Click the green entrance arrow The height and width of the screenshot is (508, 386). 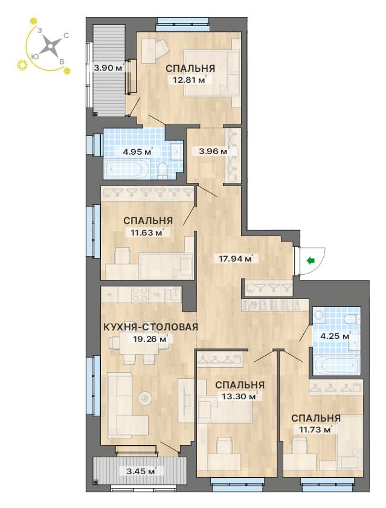311,260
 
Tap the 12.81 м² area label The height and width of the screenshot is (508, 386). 190,79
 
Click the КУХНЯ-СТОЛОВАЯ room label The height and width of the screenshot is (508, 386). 150,327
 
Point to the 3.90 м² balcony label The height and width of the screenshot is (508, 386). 109,68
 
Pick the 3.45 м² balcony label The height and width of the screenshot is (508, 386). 141,471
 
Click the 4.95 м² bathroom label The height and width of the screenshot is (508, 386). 138,151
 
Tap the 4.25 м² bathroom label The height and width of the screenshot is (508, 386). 335,336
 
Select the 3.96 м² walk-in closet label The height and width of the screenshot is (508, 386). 214,150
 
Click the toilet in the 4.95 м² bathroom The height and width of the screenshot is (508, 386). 162,171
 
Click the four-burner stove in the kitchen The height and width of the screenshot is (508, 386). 140,295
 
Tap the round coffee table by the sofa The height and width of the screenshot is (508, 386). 145,397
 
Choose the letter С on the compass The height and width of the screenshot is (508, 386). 66,35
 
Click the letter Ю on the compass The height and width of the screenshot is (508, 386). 35,56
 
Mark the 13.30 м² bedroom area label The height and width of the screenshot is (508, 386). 240,396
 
